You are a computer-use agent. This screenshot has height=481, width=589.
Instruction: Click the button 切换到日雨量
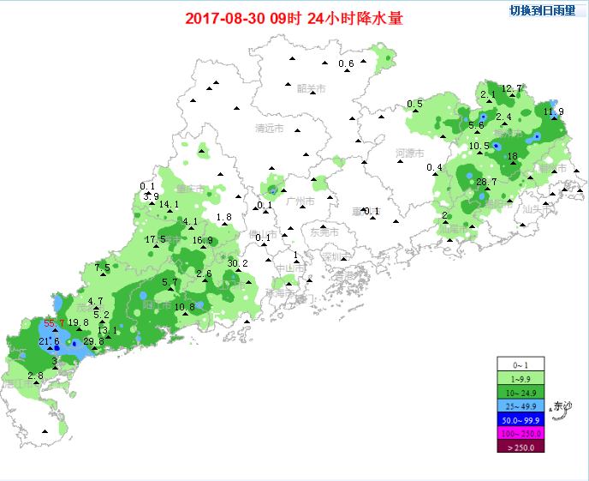coord(543,11)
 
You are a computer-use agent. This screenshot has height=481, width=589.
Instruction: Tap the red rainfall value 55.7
coord(55,323)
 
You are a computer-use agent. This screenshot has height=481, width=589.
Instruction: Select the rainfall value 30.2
coord(237,263)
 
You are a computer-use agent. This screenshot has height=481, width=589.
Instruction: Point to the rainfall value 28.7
coord(486,182)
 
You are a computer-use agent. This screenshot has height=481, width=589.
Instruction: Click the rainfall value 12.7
coord(511,88)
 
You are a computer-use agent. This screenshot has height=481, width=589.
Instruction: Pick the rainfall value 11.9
coord(554,111)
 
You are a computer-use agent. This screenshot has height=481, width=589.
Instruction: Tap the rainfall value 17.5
coord(155,239)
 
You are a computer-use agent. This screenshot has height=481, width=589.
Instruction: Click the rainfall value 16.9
coord(202,241)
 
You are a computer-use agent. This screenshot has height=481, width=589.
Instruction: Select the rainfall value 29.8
coord(93,341)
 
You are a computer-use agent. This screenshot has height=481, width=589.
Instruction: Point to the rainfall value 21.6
coord(49,341)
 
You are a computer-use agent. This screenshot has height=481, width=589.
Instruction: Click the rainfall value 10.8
coord(185,307)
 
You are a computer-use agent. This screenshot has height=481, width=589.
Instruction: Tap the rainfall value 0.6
coord(347,64)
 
